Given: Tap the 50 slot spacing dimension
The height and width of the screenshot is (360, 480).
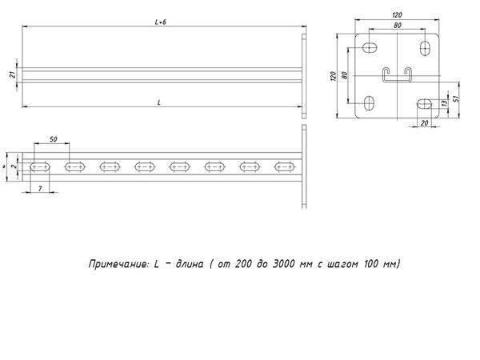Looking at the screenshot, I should click(53, 140).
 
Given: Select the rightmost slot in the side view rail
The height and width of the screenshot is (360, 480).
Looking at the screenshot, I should click(285, 166).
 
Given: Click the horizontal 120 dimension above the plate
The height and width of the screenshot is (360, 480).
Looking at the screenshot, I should click(397, 15).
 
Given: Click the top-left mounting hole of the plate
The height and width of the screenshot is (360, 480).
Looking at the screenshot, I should click(371, 47).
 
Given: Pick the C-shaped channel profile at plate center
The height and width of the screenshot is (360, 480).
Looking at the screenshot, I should click(398, 75).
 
